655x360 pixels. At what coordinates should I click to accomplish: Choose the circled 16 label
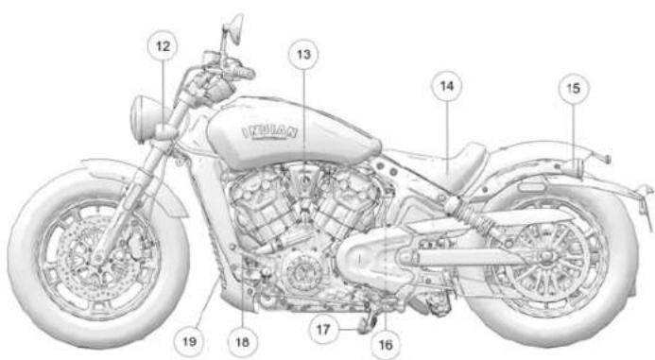point(384,346)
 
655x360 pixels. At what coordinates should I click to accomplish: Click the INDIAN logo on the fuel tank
point(275,130)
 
